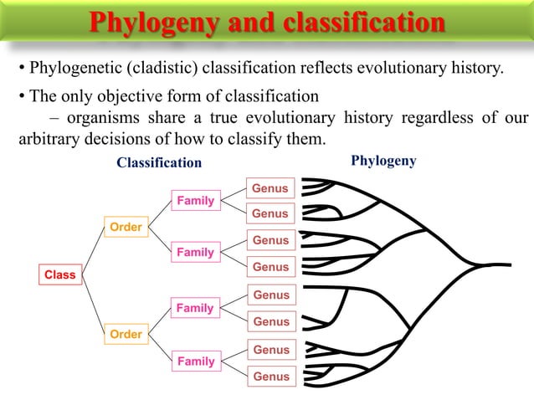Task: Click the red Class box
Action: click(59, 274)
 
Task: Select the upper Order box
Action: click(126, 227)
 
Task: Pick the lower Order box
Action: click(126, 335)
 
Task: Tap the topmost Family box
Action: click(194, 201)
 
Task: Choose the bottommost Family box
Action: click(194, 362)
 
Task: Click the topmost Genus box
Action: click(270, 188)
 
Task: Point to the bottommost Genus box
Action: click(270, 377)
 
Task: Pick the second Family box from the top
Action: click(194, 253)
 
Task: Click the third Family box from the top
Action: click(194, 308)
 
